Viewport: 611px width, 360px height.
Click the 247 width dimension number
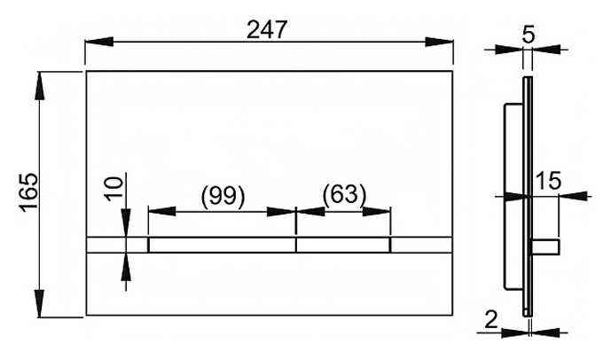click(x=267, y=29)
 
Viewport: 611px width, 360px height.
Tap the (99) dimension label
click(x=223, y=195)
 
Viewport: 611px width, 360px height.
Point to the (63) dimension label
click(x=344, y=193)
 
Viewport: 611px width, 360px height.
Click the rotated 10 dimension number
click(x=115, y=189)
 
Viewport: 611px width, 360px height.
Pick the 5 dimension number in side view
click(x=528, y=35)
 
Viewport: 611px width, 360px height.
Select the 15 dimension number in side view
click(x=549, y=181)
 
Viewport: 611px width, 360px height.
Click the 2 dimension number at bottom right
click(x=491, y=320)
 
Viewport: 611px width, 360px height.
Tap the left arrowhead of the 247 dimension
click(x=99, y=42)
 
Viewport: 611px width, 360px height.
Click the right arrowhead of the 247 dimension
click(x=439, y=42)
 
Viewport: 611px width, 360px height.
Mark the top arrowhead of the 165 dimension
click(x=39, y=86)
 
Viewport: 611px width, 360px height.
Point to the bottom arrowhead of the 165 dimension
click(x=39, y=303)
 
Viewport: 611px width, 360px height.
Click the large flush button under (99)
click(x=223, y=245)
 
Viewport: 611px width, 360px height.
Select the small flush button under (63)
click(x=343, y=245)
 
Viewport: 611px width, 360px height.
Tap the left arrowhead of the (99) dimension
click(x=161, y=212)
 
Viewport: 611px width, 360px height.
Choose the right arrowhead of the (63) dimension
click(x=376, y=212)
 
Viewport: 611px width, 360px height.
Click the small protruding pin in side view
click(x=546, y=247)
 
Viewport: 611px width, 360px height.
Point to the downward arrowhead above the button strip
click(x=126, y=223)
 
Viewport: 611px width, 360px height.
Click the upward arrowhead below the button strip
click(x=126, y=267)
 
